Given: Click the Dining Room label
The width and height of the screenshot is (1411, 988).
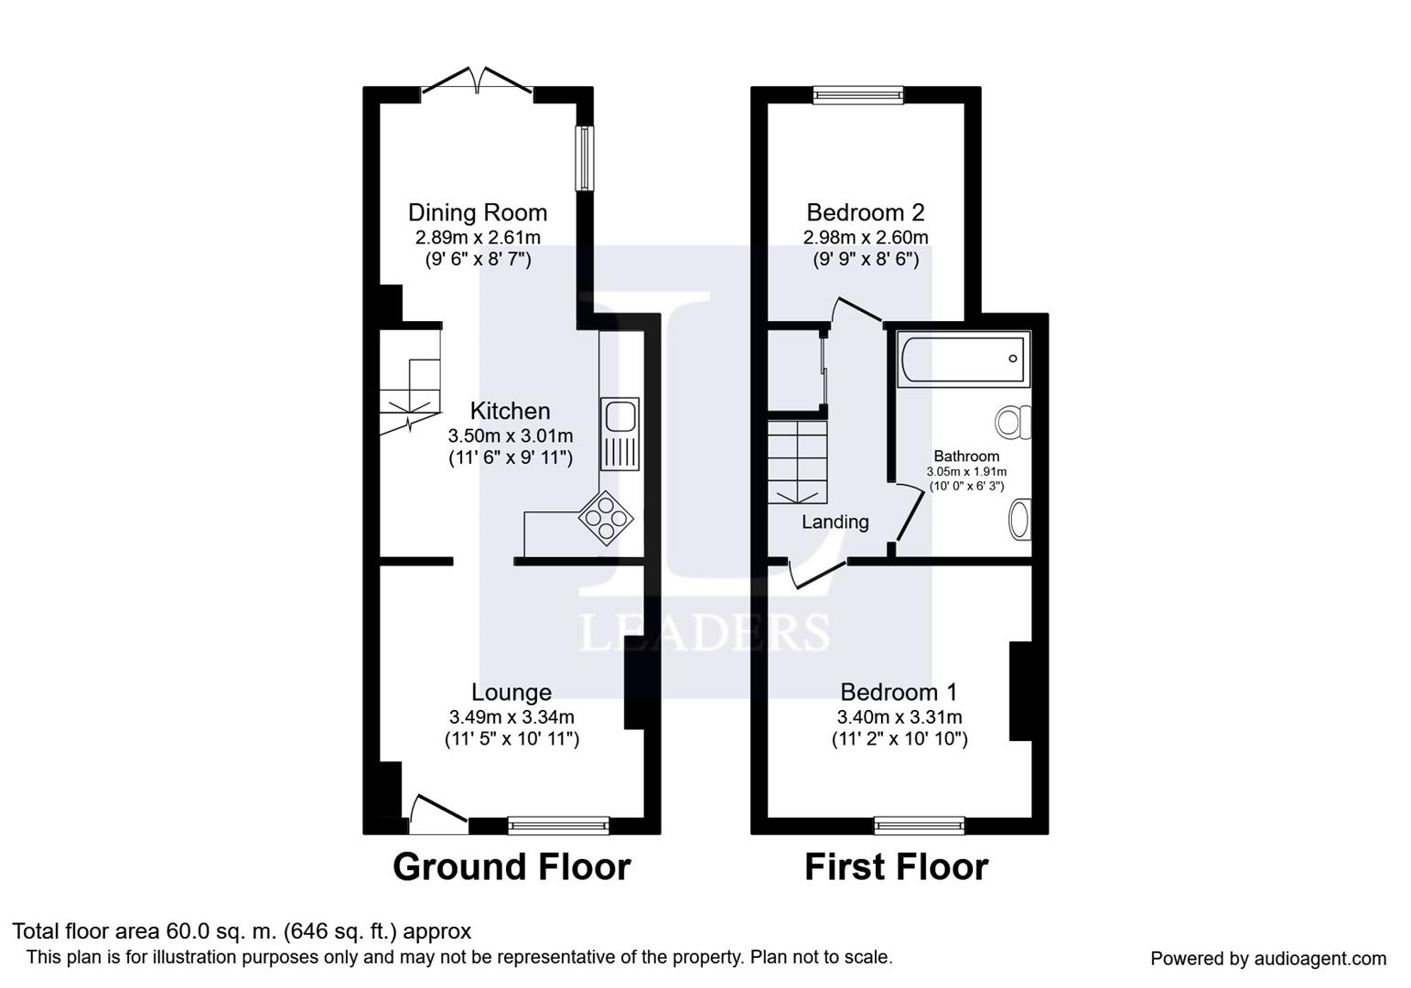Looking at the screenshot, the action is point(478,213).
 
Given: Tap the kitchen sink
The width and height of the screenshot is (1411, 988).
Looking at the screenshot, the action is point(619,434).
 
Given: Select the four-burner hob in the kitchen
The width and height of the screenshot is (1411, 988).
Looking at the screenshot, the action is point(606,518).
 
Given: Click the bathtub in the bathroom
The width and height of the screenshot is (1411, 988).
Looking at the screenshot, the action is point(964,359).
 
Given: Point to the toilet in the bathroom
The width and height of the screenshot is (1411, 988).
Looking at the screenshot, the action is point(1013,422).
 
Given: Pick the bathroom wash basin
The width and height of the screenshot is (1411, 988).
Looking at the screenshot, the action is point(1020,520).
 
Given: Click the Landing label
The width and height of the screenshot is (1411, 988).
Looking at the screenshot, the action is point(835,521).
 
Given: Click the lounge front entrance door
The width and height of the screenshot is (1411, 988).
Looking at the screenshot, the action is point(439,814).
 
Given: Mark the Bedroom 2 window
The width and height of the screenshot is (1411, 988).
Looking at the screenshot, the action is point(858,95).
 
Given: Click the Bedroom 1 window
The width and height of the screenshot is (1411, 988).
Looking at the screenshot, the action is point(920,825).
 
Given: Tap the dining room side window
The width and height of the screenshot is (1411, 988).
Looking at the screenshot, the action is point(586,158).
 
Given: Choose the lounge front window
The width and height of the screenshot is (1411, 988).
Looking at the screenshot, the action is point(559,825).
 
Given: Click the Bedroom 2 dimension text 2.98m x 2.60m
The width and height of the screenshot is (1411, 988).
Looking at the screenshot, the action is point(866,238).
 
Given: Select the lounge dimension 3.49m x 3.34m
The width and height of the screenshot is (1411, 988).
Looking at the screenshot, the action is point(512,716).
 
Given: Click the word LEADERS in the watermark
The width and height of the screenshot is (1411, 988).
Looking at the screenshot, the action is point(705,631).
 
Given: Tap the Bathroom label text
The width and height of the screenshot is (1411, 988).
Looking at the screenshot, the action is point(966,456).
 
